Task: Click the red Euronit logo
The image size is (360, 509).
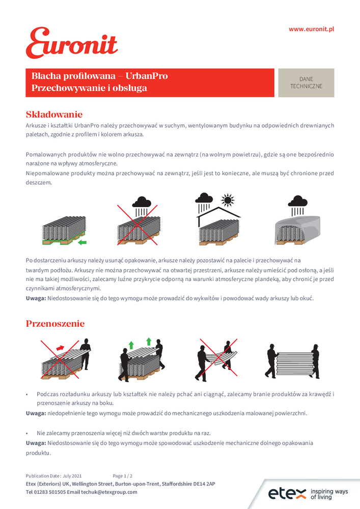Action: [x=71, y=43]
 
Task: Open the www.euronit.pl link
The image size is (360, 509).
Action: [x=311, y=30]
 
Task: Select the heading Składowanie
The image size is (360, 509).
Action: [x=53, y=115]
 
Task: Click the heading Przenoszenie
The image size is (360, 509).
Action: [x=55, y=324]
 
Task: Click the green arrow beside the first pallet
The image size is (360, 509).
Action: [x=82, y=241]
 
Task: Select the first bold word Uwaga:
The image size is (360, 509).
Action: [x=36, y=298]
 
